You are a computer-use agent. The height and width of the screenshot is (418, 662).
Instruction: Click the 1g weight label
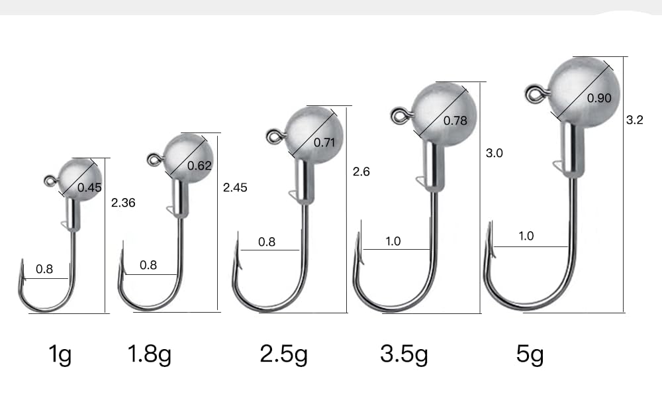pyautogui.click(x=60, y=354)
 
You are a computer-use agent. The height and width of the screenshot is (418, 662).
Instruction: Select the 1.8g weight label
pyautogui.click(x=149, y=354)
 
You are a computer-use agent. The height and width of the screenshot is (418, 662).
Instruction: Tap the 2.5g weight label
pyautogui.click(x=283, y=354)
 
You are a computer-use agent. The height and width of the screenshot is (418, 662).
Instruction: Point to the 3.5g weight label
pyautogui.click(x=404, y=354)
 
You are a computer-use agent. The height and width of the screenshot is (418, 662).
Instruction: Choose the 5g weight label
pyautogui.click(x=530, y=354)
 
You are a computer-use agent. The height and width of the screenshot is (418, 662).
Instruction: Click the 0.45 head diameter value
pyautogui.click(x=89, y=187)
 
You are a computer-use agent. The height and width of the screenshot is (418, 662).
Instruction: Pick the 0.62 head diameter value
pyautogui.click(x=199, y=166)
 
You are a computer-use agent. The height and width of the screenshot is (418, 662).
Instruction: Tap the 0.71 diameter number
pyautogui.click(x=324, y=143)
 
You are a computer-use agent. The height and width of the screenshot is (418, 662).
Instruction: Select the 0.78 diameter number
pyautogui.click(x=455, y=121)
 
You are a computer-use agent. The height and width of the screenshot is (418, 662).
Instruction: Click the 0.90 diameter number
pyautogui.click(x=599, y=98)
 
